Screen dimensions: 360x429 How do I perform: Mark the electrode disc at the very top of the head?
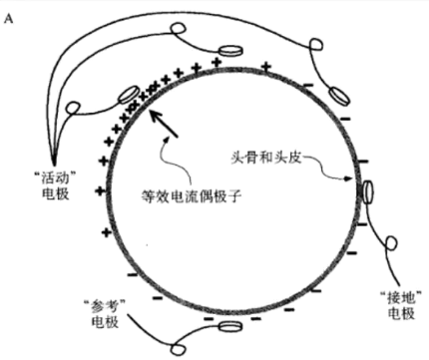pos(231,49)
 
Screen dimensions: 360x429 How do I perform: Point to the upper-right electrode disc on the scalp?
pos(338,98)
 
